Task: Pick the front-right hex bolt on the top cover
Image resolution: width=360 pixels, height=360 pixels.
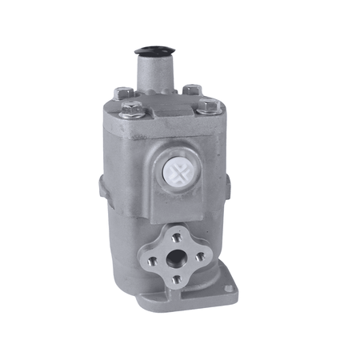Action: tap(207, 106)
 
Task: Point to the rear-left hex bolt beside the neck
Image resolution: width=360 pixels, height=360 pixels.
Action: tap(122, 92)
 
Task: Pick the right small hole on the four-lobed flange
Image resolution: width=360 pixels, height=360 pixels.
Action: tap(198, 256)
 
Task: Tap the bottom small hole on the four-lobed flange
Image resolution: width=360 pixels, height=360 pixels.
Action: tap(176, 279)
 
